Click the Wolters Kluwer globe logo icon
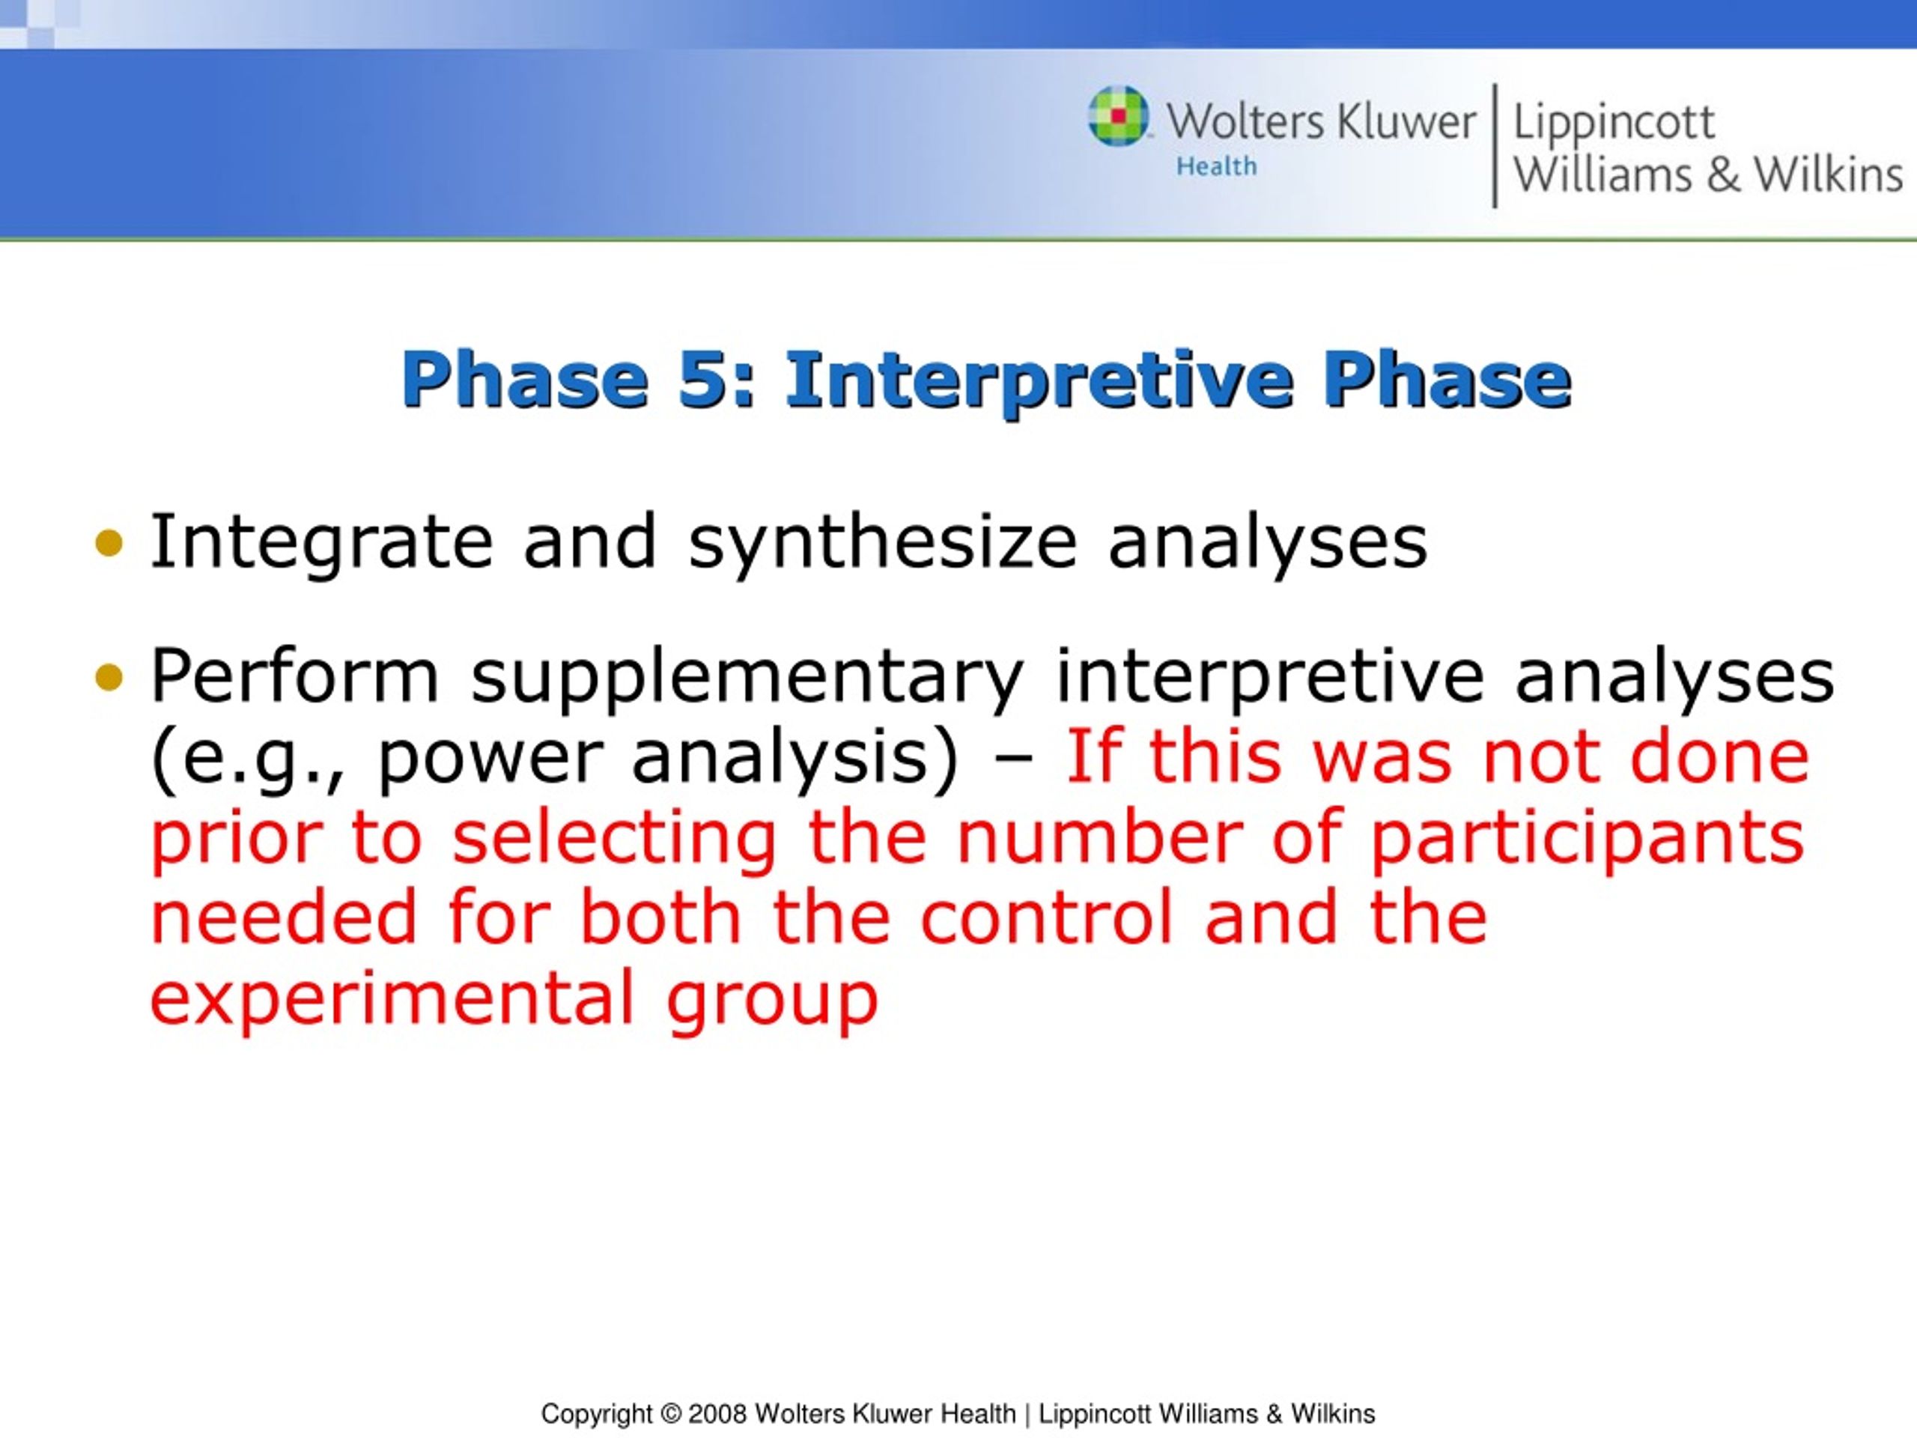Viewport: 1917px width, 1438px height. click(x=1119, y=115)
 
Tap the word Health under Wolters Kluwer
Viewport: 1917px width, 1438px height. click(x=1216, y=166)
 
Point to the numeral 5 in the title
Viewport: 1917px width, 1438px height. click(x=705, y=379)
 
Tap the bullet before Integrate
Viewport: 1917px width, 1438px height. click(x=109, y=544)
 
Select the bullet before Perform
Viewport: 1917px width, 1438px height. click(x=109, y=676)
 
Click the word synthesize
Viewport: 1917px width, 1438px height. click(x=883, y=544)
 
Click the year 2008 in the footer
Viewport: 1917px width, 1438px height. click(x=717, y=1414)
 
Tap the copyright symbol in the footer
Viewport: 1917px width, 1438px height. click(x=671, y=1414)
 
